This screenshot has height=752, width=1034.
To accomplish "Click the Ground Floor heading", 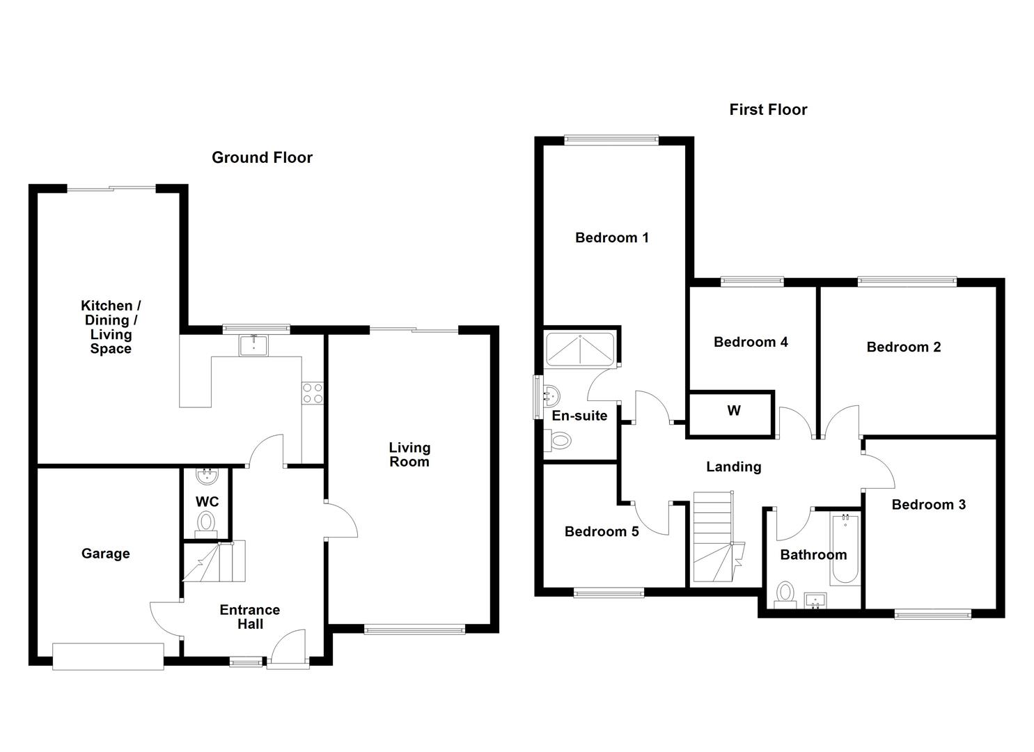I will pyautogui.click(x=262, y=157).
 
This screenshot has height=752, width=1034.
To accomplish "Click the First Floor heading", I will pyautogui.click(x=768, y=109).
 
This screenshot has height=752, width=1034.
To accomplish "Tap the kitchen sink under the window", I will pyautogui.click(x=253, y=345).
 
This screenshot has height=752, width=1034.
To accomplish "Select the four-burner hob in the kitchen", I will pyautogui.click(x=313, y=393).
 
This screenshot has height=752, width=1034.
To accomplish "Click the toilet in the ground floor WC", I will pyautogui.click(x=206, y=522).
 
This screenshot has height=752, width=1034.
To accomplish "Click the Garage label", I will pyautogui.click(x=105, y=554).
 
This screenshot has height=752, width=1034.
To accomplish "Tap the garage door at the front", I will pyautogui.click(x=108, y=657).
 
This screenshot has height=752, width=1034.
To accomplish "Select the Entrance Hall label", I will pyautogui.click(x=249, y=617).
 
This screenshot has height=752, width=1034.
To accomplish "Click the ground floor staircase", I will pyautogui.click(x=214, y=562).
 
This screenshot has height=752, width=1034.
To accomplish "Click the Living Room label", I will pyautogui.click(x=409, y=455).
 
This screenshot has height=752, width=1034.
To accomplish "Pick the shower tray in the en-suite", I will pyautogui.click(x=580, y=349).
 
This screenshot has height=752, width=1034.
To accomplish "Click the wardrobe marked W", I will pyautogui.click(x=733, y=411).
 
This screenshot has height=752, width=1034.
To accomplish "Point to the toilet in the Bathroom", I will pyautogui.click(x=785, y=594).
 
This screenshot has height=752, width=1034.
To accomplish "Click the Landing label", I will pyautogui.click(x=733, y=467).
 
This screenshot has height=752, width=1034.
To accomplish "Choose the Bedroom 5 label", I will pyautogui.click(x=602, y=532).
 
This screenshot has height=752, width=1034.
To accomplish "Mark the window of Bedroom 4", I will pyautogui.click(x=752, y=281).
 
